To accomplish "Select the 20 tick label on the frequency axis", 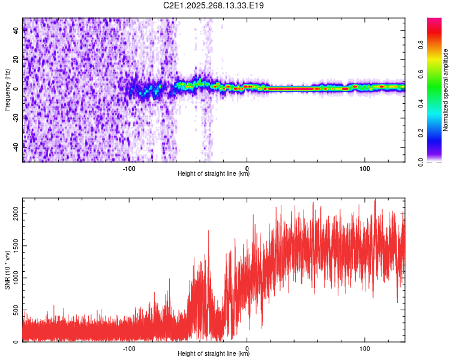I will [x=17, y=59].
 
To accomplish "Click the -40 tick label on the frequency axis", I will [x=17, y=146].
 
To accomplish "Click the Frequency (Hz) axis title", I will [x=7, y=90].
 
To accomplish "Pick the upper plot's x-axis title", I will [x=214, y=173].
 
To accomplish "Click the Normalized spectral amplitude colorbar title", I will [x=446, y=90].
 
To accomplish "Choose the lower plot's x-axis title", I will [x=214, y=353].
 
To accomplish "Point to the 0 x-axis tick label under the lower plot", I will [x=247, y=347].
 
